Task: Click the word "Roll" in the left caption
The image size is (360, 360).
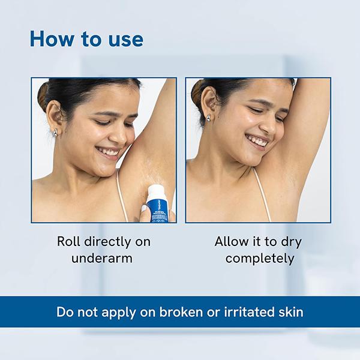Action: coord(68,242)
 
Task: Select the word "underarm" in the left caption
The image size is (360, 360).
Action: coord(102,258)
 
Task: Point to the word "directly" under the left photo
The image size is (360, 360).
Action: coord(107,242)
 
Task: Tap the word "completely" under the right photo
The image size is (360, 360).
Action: coord(260,259)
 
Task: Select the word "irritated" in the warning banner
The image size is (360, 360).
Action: coord(249,312)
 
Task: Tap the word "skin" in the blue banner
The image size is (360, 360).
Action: coord(291,312)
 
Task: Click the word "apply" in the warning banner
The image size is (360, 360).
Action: coord(119,313)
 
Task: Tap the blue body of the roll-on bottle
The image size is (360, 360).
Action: coord(160,211)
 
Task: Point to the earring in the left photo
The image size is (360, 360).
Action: coord(55,133)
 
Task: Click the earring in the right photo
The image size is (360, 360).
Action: coord(208,118)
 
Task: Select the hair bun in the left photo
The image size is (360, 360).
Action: coord(43,96)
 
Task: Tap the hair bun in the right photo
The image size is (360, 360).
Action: coord(197,94)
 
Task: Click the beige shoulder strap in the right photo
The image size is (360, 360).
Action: coord(262,194)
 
